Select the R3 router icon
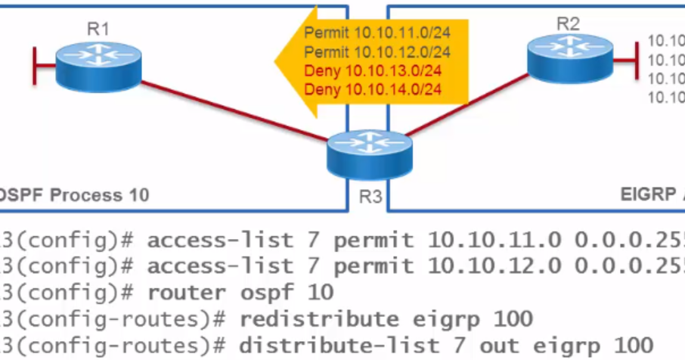click(x=370, y=154)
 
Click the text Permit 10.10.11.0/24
click(x=377, y=33)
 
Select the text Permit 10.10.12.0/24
click(x=377, y=52)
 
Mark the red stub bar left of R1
click(x=36, y=67)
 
